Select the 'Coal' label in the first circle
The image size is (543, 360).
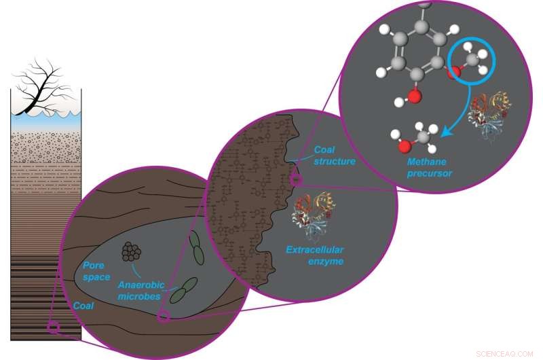tap(84, 306)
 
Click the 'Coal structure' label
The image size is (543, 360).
tap(335, 156)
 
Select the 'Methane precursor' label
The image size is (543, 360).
tap(430, 168)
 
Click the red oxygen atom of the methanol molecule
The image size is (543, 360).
tap(404, 145)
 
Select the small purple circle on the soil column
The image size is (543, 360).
tap(54, 329)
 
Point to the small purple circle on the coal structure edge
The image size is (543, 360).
tap(295, 179)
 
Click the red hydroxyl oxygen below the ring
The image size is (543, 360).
tap(415, 94)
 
